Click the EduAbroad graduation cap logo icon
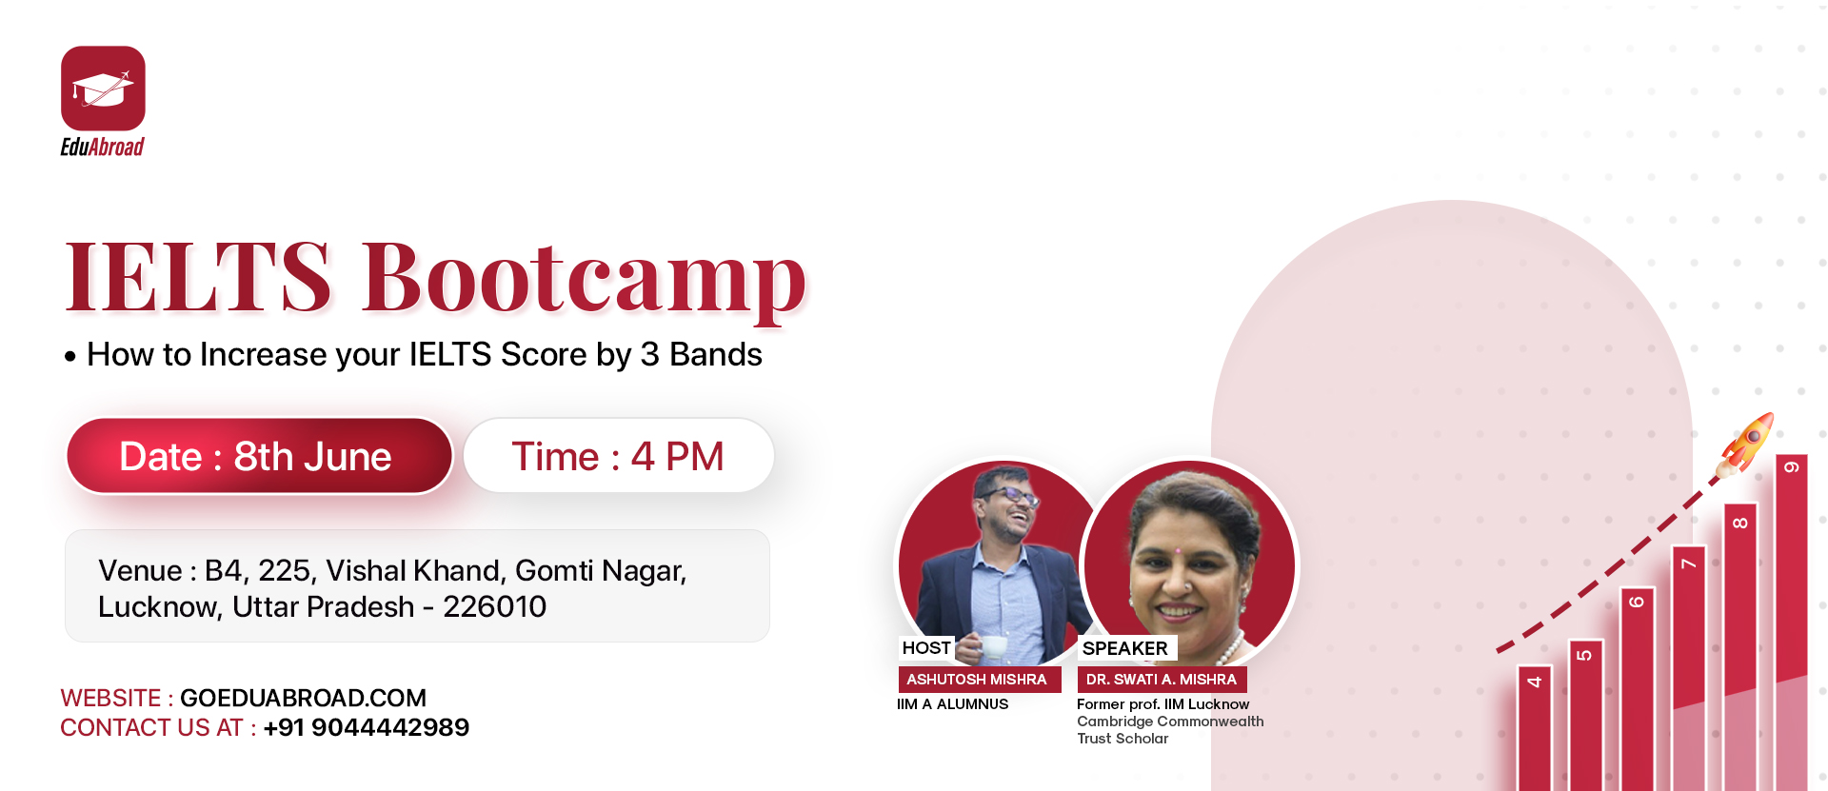pos(103,89)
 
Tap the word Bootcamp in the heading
pos(585,278)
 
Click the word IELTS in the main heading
pos(198,277)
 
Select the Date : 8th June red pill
pos(258,456)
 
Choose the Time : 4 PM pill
pos(619,456)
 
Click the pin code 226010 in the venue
pos(495,606)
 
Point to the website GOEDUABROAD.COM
pos(303,698)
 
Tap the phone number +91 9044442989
pos(367,727)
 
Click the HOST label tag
pos(926,648)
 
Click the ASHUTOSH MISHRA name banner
pos(979,680)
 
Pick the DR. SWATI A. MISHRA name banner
pos(1162,680)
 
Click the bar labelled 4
pos(1534,728)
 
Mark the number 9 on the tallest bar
pos(1791,467)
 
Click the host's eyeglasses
pos(1011,495)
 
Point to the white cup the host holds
pos(994,647)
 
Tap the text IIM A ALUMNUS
pos(952,704)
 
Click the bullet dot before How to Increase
pos(70,358)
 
